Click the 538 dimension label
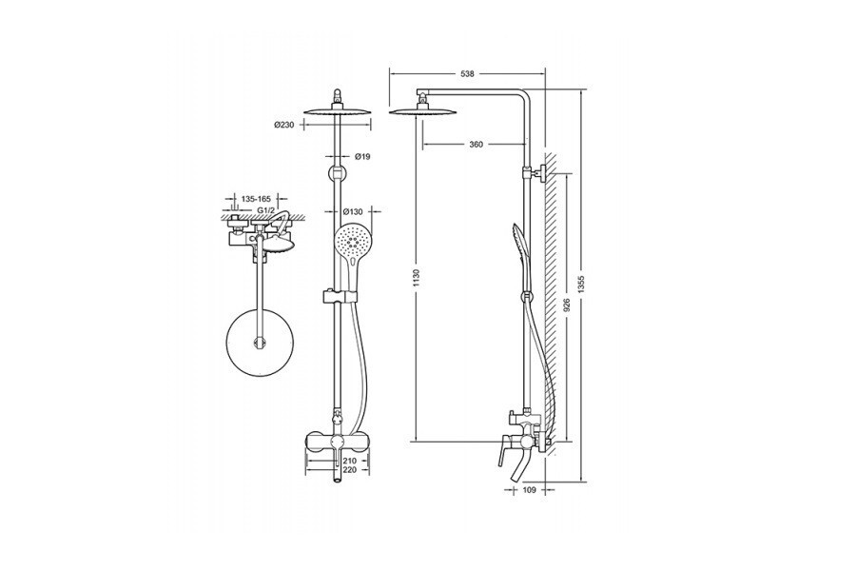pyautogui.click(x=467, y=74)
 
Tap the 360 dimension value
pyautogui.click(x=477, y=145)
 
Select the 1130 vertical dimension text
pyautogui.click(x=417, y=279)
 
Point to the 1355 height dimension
pyautogui.click(x=581, y=284)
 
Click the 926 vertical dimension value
pyautogui.click(x=567, y=305)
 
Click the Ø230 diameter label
pyautogui.click(x=283, y=125)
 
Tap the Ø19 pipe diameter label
pyautogui.click(x=362, y=157)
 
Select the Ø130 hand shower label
pyautogui.click(x=353, y=211)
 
